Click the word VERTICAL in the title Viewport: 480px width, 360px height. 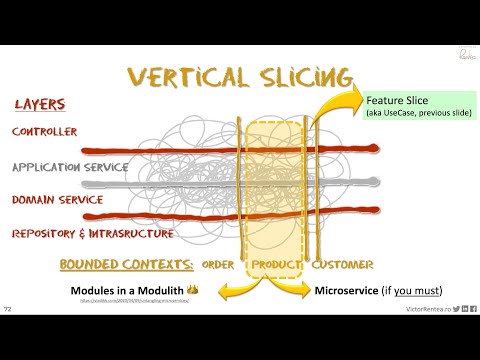[x=182, y=77]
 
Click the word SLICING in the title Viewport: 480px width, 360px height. [x=298, y=77]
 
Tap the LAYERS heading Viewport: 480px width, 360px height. [x=41, y=104]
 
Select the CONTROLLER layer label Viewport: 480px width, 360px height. [x=44, y=131]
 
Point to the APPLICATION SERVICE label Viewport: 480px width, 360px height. [x=70, y=167]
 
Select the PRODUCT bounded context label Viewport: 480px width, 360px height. [x=276, y=265]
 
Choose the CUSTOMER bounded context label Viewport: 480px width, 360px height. [x=343, y=265]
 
